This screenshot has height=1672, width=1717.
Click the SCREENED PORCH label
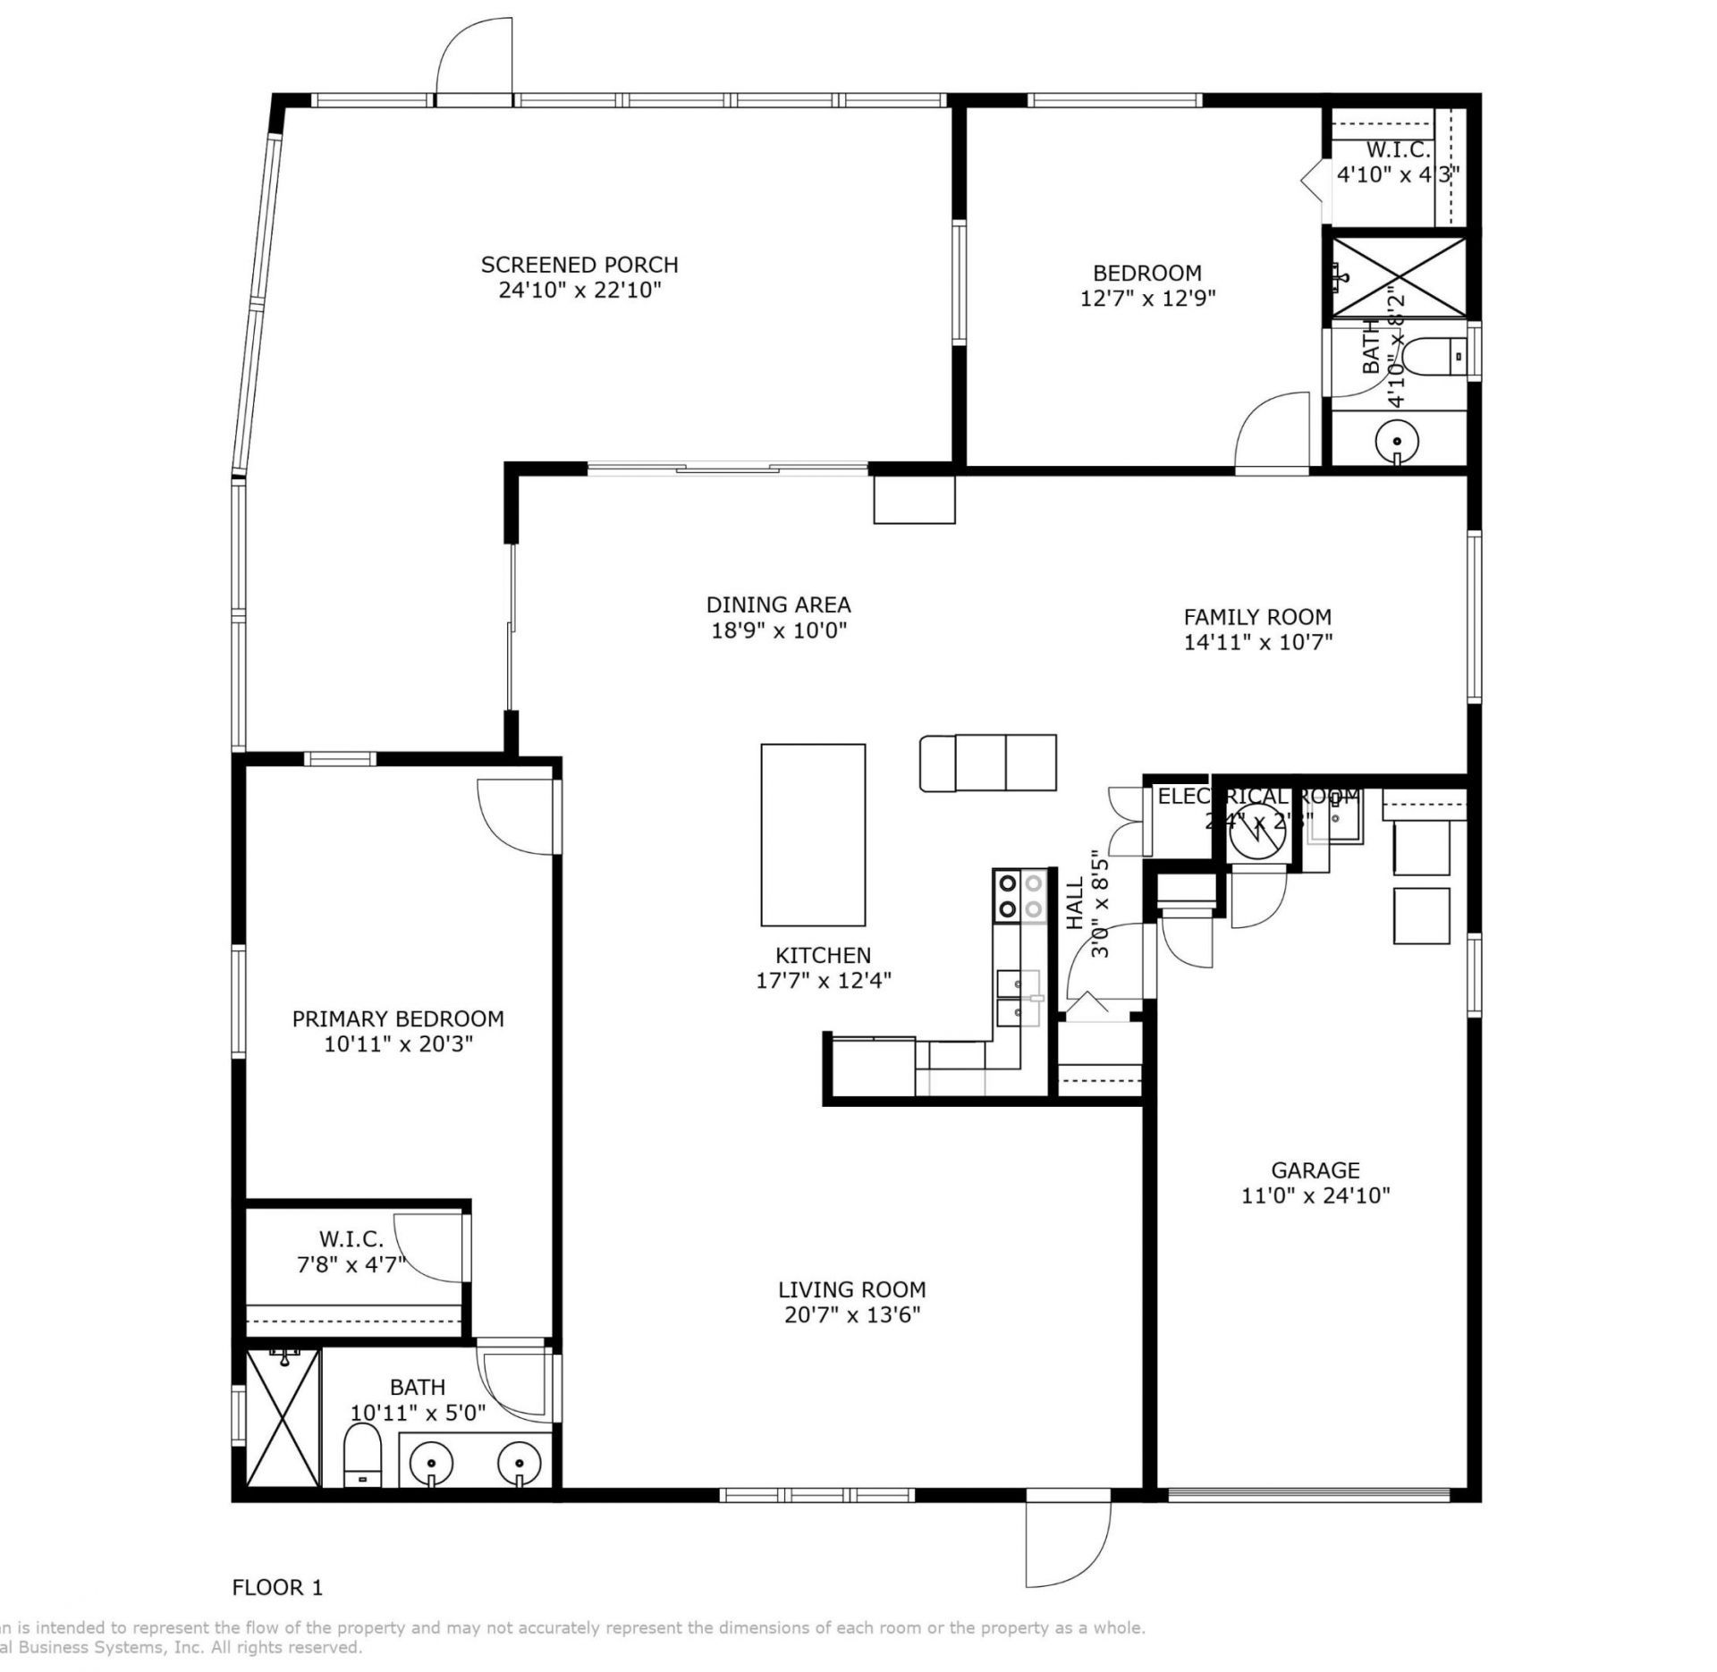point(579,265)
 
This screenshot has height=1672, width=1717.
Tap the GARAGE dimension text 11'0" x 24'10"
point(1315,1195)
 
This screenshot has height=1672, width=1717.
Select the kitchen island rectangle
point(813,834)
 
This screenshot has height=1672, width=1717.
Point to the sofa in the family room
point(987,763)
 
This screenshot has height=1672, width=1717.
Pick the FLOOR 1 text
point(277,1587)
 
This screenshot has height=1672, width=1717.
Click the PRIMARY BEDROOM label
point(398,1018)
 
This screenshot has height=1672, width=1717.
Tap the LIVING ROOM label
point(851,1289)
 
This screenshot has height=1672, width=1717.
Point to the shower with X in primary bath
point(283,1419)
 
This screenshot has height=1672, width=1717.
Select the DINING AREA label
point(778,604)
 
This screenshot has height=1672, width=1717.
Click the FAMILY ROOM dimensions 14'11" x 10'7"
point(1257,641)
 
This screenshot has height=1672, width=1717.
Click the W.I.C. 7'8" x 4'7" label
point(351,1252)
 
